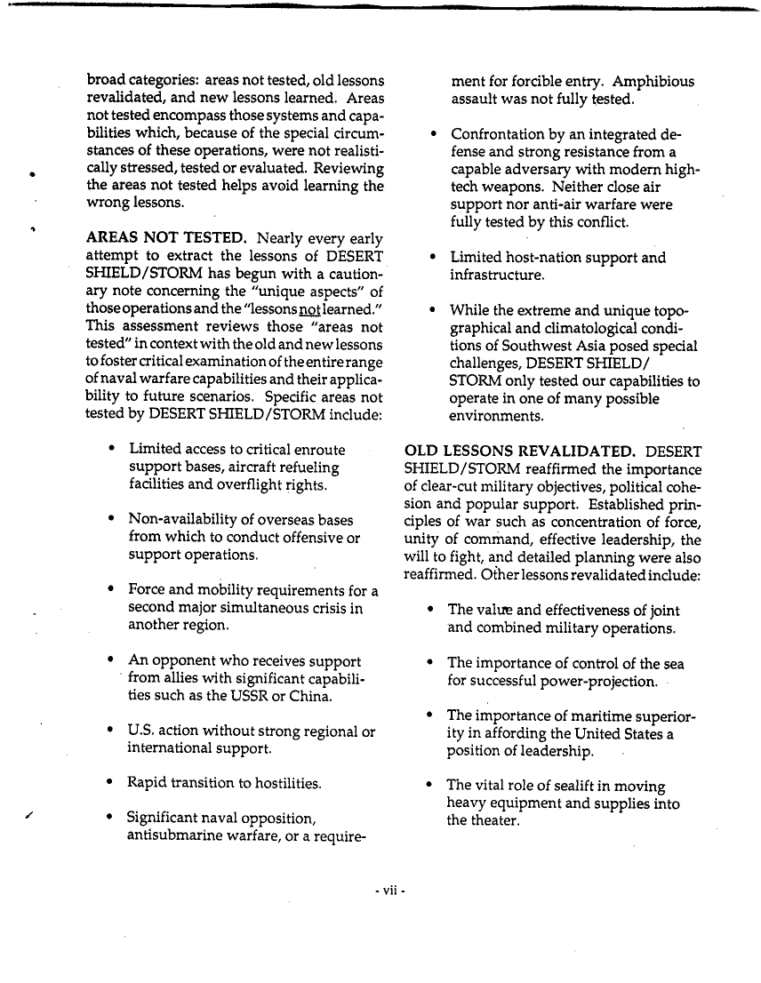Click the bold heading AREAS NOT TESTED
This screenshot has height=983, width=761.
point(165,239)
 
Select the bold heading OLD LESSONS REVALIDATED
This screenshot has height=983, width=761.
point(519,452)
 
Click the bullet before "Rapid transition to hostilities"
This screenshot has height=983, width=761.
point(108,784)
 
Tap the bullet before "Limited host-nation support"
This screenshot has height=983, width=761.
point(431,259)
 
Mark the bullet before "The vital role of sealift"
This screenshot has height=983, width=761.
point(429,786)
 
